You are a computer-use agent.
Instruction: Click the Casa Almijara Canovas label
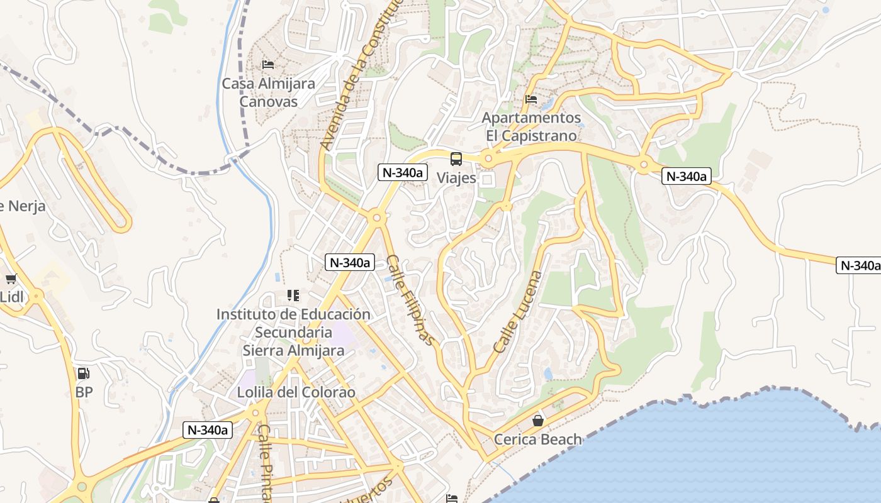click(269, 92)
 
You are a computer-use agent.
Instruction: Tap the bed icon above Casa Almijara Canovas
click(268, 65)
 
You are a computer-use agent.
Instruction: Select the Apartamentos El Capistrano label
click(531, 126)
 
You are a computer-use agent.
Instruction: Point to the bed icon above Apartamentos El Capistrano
click(531, 99)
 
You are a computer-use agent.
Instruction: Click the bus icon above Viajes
click(456, 159)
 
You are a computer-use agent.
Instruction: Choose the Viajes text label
click(456, 178)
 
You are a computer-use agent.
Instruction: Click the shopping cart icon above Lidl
click(11, 279)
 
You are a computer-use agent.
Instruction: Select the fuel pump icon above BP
click(83, 373)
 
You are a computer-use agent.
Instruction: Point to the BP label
click(84, 392)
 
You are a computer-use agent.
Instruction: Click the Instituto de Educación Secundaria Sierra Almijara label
click(293, 332)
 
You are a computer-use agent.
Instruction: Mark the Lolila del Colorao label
click(296, 392)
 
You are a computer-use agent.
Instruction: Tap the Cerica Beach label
click(538, 439)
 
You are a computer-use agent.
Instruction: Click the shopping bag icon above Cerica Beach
click(538, 421)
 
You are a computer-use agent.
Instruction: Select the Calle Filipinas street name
click(411, 300)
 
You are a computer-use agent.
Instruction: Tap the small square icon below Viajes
click(487, 180)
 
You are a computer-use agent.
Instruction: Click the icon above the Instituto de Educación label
click(293, 295)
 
